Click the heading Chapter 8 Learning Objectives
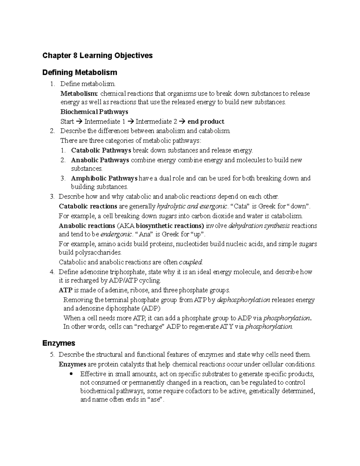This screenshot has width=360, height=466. (97, 56)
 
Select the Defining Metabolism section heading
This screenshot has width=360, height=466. (79, 73)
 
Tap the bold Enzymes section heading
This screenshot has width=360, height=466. (59, 343)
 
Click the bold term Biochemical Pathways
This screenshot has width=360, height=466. (94, 112)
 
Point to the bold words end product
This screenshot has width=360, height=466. (206, 122)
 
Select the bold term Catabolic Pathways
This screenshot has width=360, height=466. (101, 150)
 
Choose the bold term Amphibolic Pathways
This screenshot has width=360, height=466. (104, 178)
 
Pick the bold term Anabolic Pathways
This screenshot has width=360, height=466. (100, 160)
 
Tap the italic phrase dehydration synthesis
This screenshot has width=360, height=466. (259, 226)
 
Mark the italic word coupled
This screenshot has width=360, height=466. (190, 262)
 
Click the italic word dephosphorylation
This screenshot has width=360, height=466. (243, 300)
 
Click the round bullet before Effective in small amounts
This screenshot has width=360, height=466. (71, 374)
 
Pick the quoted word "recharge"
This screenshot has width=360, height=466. (149, 327)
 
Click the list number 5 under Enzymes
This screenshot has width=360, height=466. (52, 355)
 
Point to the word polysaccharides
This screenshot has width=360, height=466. (90, 252)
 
